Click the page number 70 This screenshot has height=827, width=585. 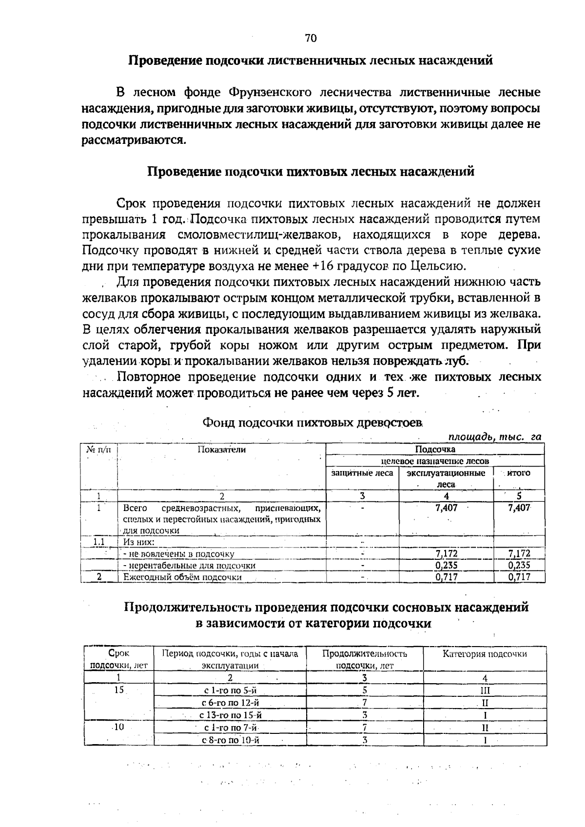[311, 38]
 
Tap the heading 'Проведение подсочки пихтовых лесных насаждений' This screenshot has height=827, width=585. [311, 172]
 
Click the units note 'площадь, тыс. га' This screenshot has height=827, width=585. [495, 437]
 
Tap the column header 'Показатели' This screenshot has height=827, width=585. [221, 450]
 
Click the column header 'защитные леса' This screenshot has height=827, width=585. [362, 473]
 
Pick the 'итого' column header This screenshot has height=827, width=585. [519, 473]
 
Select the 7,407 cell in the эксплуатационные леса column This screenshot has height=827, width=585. [446, 508]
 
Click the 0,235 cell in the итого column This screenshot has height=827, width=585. [519, 566]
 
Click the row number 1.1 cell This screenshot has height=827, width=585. [99, 542]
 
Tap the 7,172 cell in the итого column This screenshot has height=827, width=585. [519, 554]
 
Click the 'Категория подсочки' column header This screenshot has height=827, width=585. [485, 654]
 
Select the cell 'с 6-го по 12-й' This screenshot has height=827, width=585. [230, 703]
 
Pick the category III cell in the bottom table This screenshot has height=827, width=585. [485, 690]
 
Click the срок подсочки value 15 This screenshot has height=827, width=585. [119, 690]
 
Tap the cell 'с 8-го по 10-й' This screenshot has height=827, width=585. [230, 740]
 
